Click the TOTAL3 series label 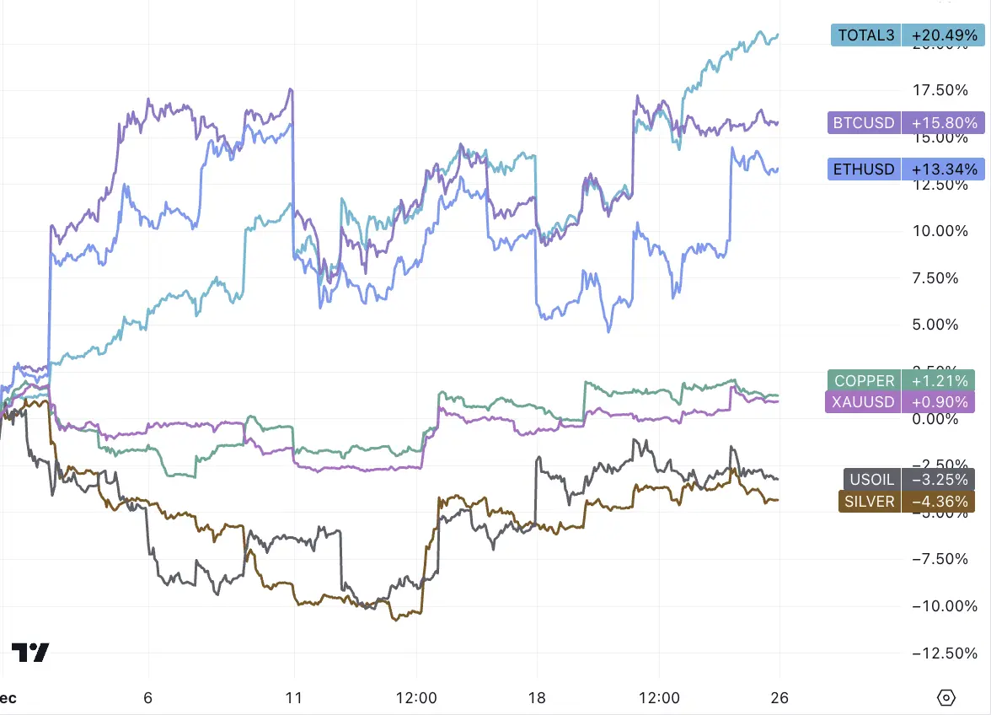[865, 35]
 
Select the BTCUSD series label [864, 123]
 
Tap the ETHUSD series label [864, 169]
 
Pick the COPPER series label [865, 381]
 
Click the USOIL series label [871, 479]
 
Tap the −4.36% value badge [938, 501]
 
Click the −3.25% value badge [938, 479]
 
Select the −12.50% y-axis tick [938, 653]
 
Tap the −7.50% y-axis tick [941, 558]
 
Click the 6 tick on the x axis [148, 698]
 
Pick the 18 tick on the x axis [537, 698]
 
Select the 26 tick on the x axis [779, 698]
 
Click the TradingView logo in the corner [29, 652]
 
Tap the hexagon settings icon [945, 698]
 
